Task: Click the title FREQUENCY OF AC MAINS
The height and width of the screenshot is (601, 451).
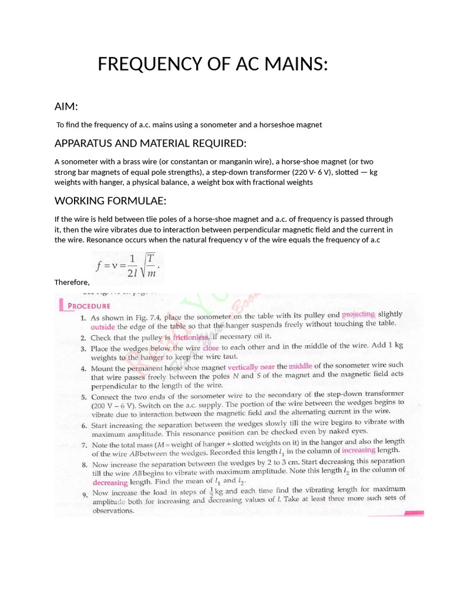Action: (x=213, y=64)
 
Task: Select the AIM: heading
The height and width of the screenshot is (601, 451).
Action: (x=66, y=106)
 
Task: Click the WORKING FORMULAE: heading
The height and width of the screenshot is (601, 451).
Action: (x=110, y=201)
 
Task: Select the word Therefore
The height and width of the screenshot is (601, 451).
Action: (x=72, y=282)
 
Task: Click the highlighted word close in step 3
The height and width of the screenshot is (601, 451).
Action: (x=210, y=347)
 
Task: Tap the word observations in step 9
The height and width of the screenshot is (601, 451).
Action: (x=113, y=511)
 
